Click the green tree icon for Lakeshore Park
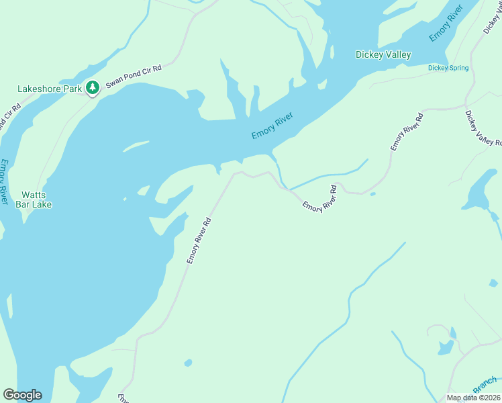pyautogui.click(x=92, y=87)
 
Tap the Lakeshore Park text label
pyautogui.click(x=49, y=89)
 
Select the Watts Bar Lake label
pyautogui.click(x=34, y=199)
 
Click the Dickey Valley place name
pyautogui.click(x=383, y=54)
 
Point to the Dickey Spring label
pyautogui.click(x=448, y=68)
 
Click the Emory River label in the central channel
pyautogui.click(x=272, y=126)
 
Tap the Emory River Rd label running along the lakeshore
pyautogui.click(x=199, y=240)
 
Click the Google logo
pyautogui.click(x=22, y=395)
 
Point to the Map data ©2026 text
pyautogui.click(x=473, y=398)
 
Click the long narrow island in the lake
pyautogui.click(x=136, y=146)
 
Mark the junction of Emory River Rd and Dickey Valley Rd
pyautogui.click(x=465, y=106)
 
